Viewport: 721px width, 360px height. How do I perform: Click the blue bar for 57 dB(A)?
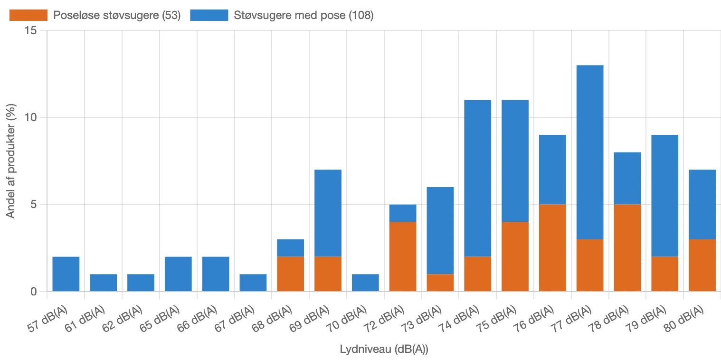[x=66, y=274]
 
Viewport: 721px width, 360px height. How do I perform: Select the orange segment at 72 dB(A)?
[x=403, y=256]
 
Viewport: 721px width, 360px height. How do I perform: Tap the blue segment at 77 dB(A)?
[x=590, y=152]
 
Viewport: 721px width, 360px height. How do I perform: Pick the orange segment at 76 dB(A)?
[x=552, y=248]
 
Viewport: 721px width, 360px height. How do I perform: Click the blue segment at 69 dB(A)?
[x=328, y=213]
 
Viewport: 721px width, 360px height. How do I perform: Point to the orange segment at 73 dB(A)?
[x=440, y=283]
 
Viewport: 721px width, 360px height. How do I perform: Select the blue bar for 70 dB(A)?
[x=365, y=283]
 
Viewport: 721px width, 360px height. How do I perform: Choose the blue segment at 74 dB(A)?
[x=477, y=178]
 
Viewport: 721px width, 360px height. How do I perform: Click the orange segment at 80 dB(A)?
[x=702, y=265]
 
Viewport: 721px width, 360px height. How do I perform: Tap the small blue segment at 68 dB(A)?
[x=290, y=248]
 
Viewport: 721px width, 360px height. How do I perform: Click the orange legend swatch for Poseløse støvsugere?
[x=28, y=15]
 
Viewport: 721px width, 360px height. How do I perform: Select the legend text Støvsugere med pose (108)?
[x=304, y=15]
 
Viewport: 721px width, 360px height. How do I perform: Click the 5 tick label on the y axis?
[x=34, y=205]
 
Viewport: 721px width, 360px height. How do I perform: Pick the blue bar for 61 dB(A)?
[x=103, y=283]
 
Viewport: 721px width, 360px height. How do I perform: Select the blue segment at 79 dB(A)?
[x=664, y=196]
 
